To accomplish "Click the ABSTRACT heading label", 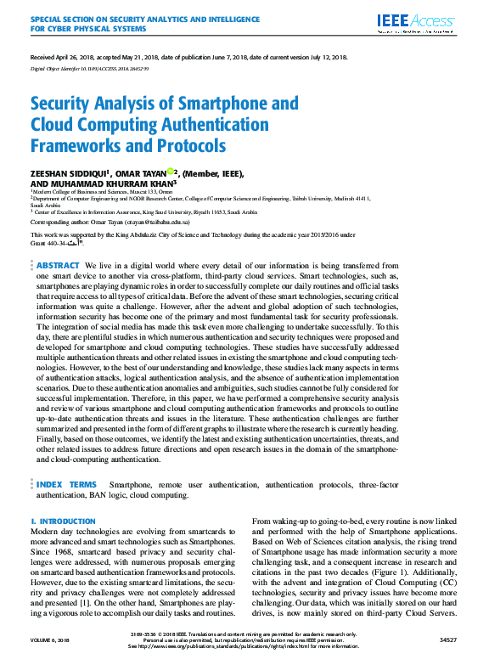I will [59, 266].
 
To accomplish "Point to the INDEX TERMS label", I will [66, 483].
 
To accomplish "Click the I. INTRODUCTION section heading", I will [63, 521].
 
